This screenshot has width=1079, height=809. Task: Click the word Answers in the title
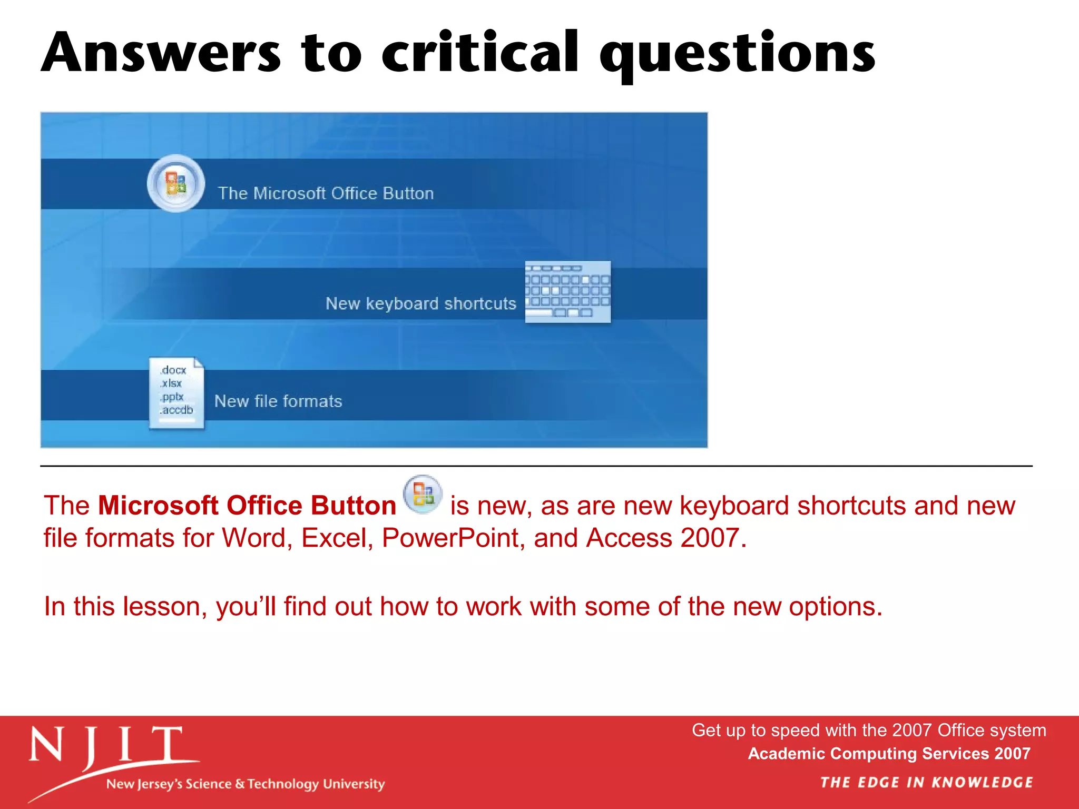(x=161, y=53)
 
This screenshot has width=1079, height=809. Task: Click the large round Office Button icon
(x=176, y=183)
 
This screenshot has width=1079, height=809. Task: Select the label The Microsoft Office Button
(x=326, y=193)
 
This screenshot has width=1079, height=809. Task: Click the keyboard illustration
(x=568, y=291)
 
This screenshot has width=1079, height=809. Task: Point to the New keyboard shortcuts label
(x=420, y=303)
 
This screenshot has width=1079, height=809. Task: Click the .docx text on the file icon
(x=173, y=370)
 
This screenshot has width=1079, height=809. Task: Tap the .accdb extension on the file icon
(x=176, y=410)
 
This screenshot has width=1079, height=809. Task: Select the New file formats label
(x=278, y=401)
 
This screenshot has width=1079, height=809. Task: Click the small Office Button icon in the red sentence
(x=423, y=495)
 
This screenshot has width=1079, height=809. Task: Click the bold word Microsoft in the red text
(x=158, y=506)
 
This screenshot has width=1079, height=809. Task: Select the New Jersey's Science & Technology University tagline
(x=246, y=784)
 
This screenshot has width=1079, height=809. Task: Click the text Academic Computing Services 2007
(x=889, y=754)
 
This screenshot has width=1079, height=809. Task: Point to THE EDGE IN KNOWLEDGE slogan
(x=926, y=782)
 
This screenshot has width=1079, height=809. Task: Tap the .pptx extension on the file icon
(x=172, y=397)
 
